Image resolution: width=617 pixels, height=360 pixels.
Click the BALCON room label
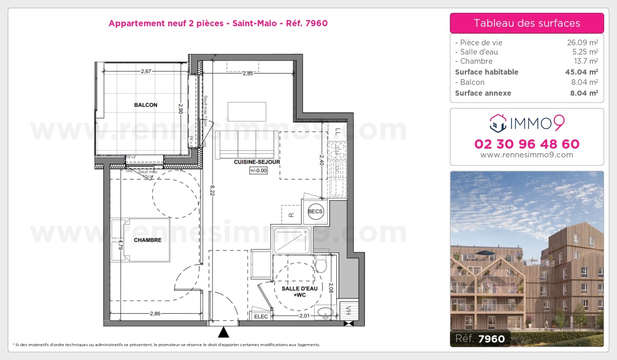pyautogui.click(x=146, y=105)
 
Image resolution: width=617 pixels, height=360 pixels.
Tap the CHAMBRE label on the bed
pyautogui.click(x=148, y=240)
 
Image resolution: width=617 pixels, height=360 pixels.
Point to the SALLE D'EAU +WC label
pyautogui.click(x=299, y=292)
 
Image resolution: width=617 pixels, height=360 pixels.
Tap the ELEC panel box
pyautogui.click(x=261, y=316)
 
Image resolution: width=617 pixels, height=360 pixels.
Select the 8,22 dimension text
pyautogui.click(x=212, y=190)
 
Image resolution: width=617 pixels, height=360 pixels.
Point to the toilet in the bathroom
pyautogui.click(x=321, y=265)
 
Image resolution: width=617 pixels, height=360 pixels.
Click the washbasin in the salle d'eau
pyautogui.click(x=324, y=312)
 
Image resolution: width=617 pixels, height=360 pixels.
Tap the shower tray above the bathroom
pyautogui.click(x=292, y=240)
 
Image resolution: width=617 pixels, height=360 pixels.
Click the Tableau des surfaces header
pyautogui.click(x=527, y=23)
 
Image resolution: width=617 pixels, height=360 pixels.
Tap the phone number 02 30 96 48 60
pyautogui.click(x=527, y=144)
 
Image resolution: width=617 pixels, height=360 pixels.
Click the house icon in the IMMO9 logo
pyautogui.click(x=497, y=123)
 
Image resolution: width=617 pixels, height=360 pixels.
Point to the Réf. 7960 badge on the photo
pyautogui.click(x=480, y=338)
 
